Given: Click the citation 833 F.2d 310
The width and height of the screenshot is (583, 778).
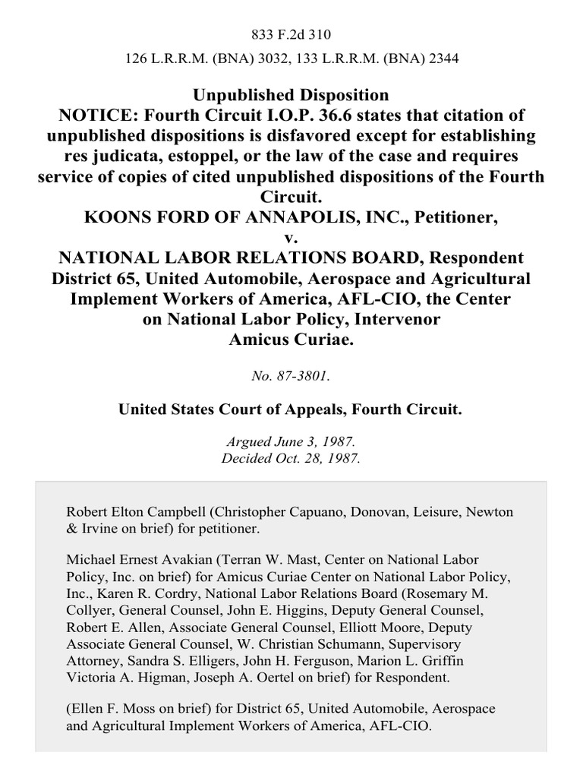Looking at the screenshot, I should click(291, 34).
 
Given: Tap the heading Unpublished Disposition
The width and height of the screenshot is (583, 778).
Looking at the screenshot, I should click(291, 96).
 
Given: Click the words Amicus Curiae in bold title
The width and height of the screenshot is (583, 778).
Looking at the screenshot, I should click(291, 340).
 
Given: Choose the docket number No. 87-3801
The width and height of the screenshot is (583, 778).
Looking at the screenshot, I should click(291, 375).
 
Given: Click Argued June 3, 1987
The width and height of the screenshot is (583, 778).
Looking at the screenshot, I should click(291, 442).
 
